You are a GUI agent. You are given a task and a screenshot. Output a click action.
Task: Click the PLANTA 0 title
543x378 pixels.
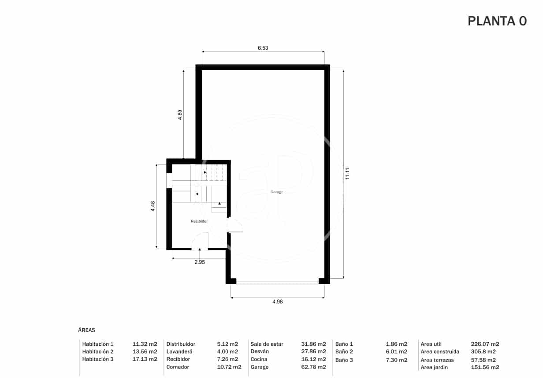point(497,21)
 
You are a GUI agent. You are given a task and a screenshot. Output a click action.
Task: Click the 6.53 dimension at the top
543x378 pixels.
point(263,48)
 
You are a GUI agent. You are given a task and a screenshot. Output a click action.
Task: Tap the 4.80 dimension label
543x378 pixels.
point(180,115)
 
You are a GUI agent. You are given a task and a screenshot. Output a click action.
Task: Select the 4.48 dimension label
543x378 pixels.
point(152,206)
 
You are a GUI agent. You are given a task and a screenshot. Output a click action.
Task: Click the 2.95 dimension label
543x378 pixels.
point(200,262)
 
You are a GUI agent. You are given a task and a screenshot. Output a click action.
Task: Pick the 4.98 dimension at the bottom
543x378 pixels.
point(277,302)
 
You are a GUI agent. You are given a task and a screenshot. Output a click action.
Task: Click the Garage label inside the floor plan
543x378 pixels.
point(277,192)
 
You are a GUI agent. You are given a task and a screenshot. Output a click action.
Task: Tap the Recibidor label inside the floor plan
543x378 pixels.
point(199,221)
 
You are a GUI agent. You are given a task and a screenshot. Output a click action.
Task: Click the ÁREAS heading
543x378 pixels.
point(86,330)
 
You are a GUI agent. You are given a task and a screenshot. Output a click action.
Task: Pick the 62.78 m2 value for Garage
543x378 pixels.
point(313,367)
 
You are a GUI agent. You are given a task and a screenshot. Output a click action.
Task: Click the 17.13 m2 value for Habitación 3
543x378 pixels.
point(145,359)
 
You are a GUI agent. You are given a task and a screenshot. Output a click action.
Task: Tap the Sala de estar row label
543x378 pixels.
point(267,344)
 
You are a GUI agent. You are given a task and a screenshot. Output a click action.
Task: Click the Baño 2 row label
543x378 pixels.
point(344,352)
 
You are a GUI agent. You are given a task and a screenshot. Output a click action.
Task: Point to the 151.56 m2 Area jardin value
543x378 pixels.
point(485,367)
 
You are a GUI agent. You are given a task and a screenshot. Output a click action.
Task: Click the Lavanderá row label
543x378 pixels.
point(179,352)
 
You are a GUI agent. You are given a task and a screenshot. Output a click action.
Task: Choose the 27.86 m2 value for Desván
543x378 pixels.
point(313,352)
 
